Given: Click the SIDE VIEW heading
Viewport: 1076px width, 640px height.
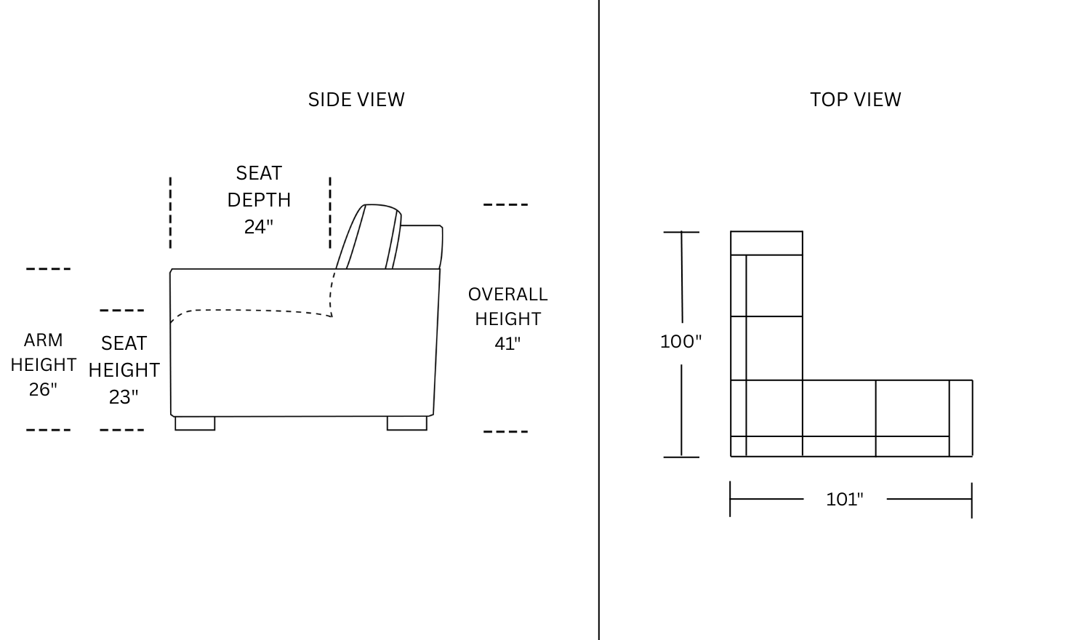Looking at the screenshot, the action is click(356, 100).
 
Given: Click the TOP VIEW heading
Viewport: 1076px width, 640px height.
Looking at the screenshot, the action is click(856, 100).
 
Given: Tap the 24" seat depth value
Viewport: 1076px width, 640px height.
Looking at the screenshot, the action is click(258, 227).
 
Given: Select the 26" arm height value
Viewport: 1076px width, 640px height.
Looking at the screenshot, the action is click(43, 389).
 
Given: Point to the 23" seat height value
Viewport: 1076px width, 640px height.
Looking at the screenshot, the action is click(124, 397).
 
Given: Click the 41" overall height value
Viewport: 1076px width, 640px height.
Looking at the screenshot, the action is click(507, 343).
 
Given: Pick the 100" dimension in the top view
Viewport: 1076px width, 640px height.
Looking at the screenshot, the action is click(680, 342).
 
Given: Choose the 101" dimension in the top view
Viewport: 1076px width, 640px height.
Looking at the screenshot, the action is click(844, 499).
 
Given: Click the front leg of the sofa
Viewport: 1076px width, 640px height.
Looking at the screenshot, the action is click(195, 423).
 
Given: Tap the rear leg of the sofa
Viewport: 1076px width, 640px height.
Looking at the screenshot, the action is click(407, 423).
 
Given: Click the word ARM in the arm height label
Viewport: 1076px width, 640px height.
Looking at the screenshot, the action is click(43, 340).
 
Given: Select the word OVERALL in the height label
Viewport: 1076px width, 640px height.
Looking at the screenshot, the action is click(507, 294).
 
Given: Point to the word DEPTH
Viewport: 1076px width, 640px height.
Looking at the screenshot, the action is click(259, 200).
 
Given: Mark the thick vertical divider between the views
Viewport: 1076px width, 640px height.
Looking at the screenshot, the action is click(599, 320).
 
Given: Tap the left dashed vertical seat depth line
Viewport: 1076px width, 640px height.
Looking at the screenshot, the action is click(170, 213).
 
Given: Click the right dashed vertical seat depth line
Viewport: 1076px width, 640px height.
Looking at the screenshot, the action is click(330, 213).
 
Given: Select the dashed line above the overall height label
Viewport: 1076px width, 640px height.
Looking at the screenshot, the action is click(505, 204).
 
